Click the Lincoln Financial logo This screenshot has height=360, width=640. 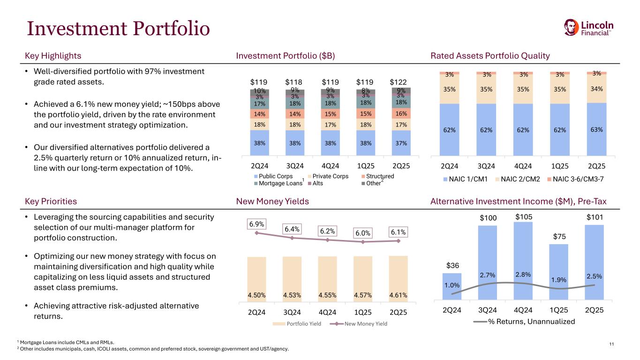point(588,28)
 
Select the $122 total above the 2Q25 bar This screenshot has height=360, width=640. point(398,82)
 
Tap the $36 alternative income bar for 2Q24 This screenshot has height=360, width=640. point(452,286)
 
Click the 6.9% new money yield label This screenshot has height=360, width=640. point(256,224)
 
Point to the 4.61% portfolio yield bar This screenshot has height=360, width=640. point(398,278)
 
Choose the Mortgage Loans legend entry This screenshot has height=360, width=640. point(279,183)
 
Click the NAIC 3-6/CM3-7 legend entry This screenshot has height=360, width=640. point(575,179)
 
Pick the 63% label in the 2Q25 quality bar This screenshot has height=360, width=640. point(596,129)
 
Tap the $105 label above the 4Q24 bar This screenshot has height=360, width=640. point(524,217)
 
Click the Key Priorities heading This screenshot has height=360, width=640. point(51,202)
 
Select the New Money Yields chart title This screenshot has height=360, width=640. point(272,202)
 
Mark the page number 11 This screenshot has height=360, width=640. point(611,344)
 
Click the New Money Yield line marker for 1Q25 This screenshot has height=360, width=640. point(363,242)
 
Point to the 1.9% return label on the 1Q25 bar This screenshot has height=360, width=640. point(558,280)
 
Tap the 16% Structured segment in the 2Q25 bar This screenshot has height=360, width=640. point(401,113)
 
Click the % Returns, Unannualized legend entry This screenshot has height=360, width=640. point(524,322)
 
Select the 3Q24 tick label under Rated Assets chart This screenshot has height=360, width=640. point(486,166)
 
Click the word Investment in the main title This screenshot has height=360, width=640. point(77,29)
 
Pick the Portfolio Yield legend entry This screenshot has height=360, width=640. point(297,324)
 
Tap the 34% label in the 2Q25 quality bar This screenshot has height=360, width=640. point(596,89)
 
